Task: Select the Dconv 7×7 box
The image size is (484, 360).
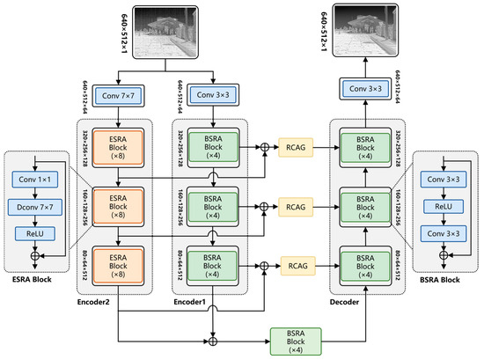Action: tap(36, 209)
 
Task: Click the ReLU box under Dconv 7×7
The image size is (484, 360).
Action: tap(36, 233)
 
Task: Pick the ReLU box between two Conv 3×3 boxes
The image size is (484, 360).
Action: tap(446, 209)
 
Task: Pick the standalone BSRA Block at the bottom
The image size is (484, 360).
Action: tap(295, 340)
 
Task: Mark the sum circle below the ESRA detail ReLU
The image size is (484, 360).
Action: tap(36, 259)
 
